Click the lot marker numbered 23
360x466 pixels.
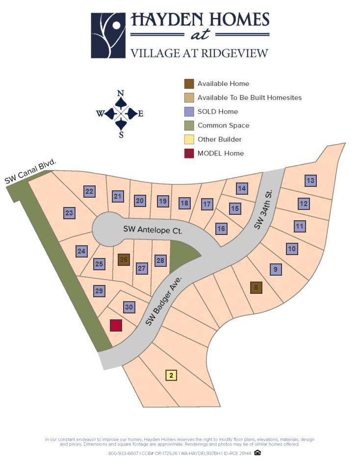click(x=69, y=213)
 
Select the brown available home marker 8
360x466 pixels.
click(x=256, y=288)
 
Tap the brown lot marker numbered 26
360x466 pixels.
click(x=124, y=260)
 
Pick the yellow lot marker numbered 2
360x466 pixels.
click(x=171, y=376)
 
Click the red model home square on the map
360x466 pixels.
click(x=116, y=325)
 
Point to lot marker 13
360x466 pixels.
click(x=310, y=181)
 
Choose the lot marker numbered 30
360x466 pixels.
click(x=129, y=308)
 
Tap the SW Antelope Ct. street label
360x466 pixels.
click(x=153, y=230)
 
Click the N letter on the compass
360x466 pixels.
click(x=121, y=93)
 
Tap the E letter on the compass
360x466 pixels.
click(x=140, y=114)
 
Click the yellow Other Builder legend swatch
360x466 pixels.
click(x=189, y=139)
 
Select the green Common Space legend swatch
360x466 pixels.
click(x=189, y=126)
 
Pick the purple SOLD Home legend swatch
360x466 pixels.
click(x=189, y=111)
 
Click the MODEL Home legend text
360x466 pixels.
click(x=220, y=154)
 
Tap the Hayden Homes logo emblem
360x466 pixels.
click(x=108, y=35)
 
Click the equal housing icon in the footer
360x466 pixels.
click(x=257, y=453)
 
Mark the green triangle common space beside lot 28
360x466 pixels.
click(x=181, y=256)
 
